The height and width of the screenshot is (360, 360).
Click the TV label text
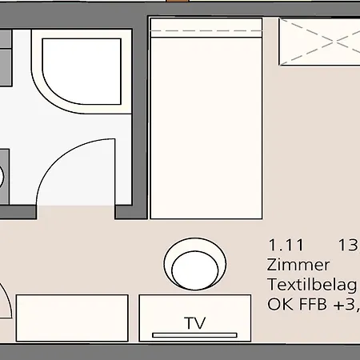coord(195,323)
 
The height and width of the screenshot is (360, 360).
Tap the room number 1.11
coord(286,245)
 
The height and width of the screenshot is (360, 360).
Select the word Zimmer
coord(298,265)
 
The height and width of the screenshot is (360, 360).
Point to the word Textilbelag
coord(312,285)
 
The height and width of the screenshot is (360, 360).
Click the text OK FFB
coord(297,304)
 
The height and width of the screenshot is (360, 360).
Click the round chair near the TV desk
coord(195,264)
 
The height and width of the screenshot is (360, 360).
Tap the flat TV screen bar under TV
coord(194,335)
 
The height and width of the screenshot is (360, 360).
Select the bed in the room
coord(206,118)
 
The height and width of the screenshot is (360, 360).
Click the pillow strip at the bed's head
coord(206,28)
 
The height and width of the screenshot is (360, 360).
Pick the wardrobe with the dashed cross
coord(319,42)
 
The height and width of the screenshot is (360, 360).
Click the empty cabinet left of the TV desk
coord(72,318)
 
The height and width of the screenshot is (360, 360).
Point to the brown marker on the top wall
coord(178,1)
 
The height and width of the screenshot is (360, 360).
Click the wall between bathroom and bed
coord(140,118)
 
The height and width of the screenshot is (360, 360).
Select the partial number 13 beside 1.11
coord(349,245)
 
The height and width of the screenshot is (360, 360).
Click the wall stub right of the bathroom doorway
coord(123,212)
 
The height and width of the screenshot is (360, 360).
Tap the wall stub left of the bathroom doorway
coord(18,212)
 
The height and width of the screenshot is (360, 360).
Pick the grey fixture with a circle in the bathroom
coord(4,177)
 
